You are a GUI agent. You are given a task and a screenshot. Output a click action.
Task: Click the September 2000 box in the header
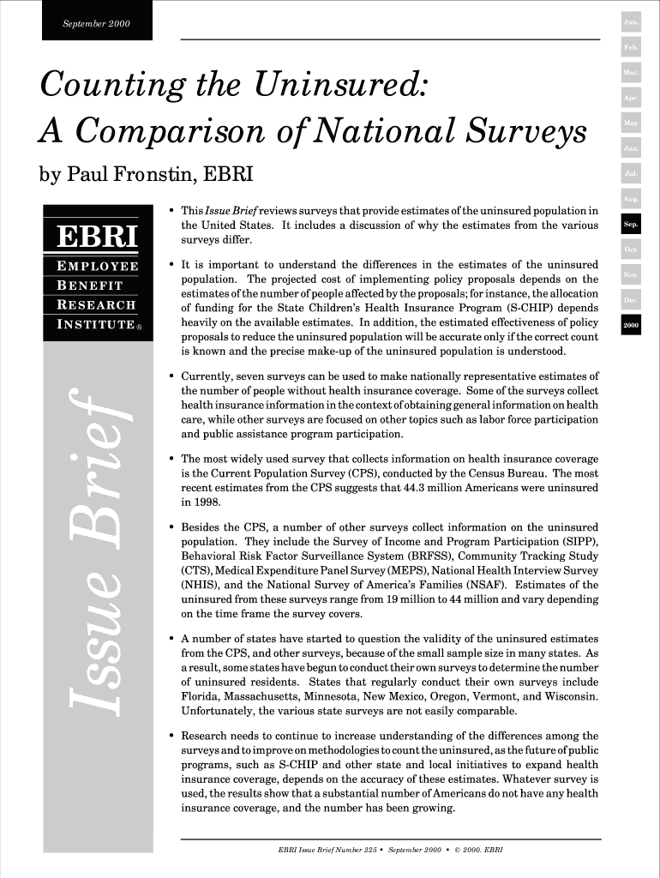(96, 21)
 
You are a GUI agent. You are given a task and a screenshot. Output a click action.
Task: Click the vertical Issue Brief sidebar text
(90, 549)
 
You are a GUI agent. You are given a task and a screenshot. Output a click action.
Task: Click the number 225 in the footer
(367, 851)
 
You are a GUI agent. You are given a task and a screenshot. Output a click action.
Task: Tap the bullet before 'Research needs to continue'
(172, 736)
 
